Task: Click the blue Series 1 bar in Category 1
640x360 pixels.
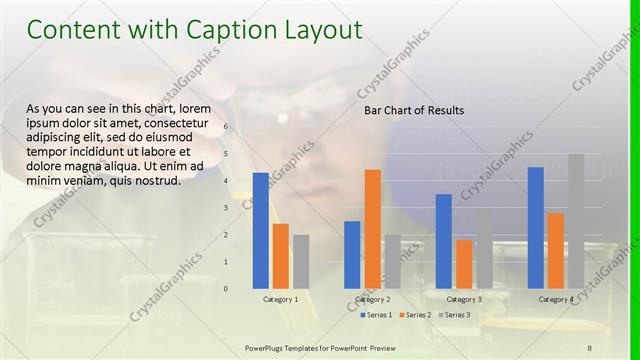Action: [x=260, y=230]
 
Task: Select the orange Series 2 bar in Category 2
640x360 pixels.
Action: [x=372, y=228]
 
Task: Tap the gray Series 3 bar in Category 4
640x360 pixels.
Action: [x=576, y=221]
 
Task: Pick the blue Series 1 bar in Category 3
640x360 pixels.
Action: [x=444, y=241]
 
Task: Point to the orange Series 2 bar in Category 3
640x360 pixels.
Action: [x=464, y=264]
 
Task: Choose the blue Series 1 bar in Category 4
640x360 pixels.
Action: [x=536, y=227]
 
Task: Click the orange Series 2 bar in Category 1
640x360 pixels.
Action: [x=281, y=256]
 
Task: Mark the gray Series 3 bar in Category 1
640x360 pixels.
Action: [x=301, y=261]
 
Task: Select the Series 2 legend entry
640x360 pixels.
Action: [x=418, y=315]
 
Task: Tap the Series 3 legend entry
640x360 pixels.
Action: [x=457, y=315]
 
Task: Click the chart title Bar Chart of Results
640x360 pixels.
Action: [x=413, y=111]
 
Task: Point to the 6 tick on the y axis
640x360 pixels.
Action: [x=226, y=127]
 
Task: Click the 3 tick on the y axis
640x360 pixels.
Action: [x=226, y=208]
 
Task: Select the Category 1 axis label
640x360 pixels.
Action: [x=281, y=299]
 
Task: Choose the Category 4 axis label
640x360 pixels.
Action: [x=556, y=299]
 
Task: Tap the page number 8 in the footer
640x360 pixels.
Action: [x=590, y=346]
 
